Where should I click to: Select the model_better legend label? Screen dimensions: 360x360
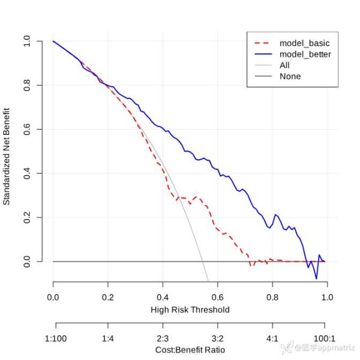[305, 54]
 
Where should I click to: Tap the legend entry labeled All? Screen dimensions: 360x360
[284, 65]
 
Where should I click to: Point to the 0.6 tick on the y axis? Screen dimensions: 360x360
[27, 129]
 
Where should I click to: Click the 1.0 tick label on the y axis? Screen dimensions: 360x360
[27, 41]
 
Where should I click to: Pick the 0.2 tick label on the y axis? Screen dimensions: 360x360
[27, 217]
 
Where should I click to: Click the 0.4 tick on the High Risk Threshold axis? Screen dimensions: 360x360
[163, 296]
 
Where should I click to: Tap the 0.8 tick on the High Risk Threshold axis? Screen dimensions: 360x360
[272, 296]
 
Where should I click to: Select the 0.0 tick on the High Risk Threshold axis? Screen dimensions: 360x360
[53, 296]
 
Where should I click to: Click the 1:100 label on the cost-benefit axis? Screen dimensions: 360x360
[56, 339]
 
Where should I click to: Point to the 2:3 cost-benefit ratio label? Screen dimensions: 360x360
[163, 339]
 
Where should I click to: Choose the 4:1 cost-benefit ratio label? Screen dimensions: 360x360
[272, 339]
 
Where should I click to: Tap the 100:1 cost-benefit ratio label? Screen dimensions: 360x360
[327, 339]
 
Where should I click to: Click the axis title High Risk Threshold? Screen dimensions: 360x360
[190, 310]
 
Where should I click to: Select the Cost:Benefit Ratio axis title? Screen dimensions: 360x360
[190, 350]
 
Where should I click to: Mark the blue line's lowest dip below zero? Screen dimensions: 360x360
[316, 278]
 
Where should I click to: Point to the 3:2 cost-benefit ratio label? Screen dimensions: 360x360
[217, 339]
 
